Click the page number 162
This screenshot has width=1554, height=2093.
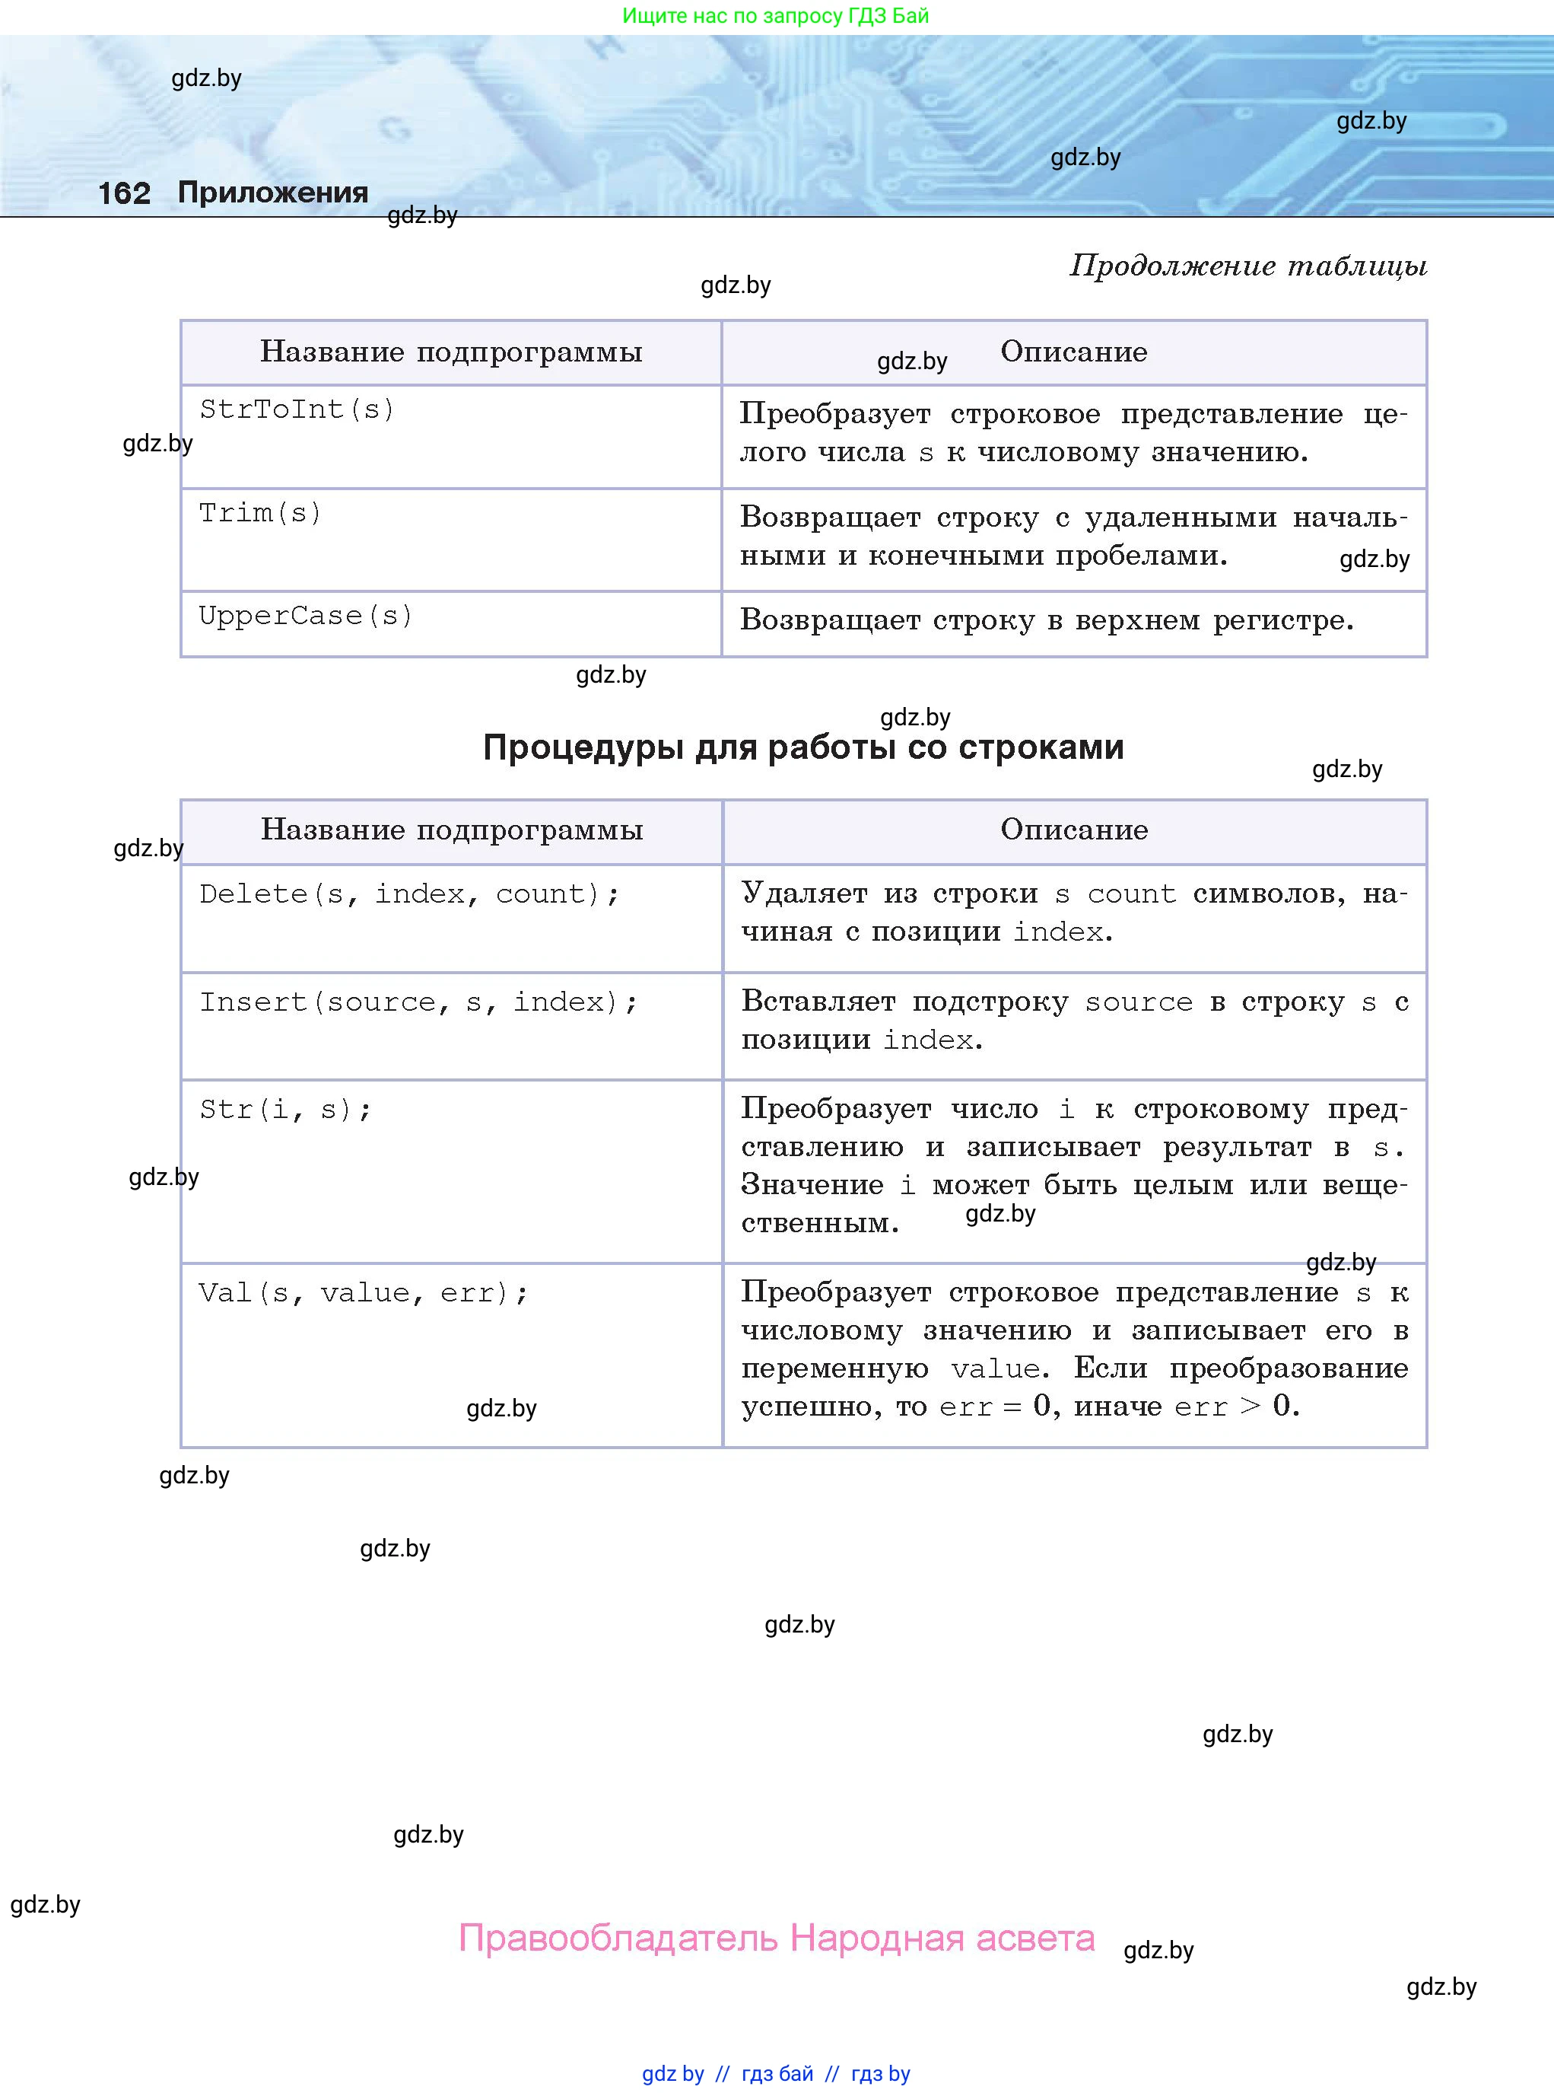click(124, 194)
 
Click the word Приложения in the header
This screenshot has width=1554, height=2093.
click(273, 193)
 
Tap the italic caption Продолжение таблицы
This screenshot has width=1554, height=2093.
click(1247, 266)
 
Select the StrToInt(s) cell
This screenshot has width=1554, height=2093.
click(297, 409)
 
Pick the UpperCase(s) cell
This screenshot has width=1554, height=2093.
click(306, 616)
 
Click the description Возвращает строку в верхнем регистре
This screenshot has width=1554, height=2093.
click(1046, 620)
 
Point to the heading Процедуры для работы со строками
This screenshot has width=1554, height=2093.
click(802, 747)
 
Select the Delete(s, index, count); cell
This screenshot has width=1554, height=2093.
click(409, 894)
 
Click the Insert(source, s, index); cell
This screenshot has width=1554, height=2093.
click(418, 1002)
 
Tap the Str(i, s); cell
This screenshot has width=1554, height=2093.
click(285, 1110)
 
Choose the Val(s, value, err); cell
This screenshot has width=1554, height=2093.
click(363, 1293)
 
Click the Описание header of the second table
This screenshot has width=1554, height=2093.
click(1073, 830)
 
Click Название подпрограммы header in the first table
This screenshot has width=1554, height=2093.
click(450, 352)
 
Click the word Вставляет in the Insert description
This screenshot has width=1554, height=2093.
click(818, 1002)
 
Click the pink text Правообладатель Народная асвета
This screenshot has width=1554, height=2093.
click(776, 1938)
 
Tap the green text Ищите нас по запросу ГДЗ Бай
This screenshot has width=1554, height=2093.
click(775, 16)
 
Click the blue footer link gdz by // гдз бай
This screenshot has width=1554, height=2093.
click(728, 2073)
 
